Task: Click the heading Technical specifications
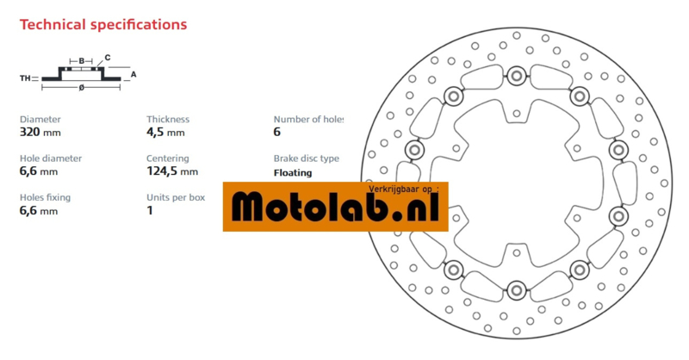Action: [102, 24]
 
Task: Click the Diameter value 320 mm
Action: [40, 133]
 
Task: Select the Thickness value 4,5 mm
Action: [165, 133]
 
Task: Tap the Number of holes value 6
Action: [277, 133]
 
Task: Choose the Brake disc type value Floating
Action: [293, 172]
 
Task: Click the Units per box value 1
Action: [150, 210]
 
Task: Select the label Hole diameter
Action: [51, 158]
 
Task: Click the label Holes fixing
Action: [45, 197]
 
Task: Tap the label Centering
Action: [167, 158]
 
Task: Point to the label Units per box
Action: [176, 197]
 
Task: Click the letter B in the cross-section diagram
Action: [81, 60]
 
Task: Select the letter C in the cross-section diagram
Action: [107, 58]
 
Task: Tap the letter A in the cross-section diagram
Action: [133, 74]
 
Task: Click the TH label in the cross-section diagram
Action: [25, 78]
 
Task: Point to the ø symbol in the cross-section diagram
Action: [81, 88]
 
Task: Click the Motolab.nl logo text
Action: [336, 208]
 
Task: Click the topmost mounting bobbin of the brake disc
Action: [516, 75]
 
